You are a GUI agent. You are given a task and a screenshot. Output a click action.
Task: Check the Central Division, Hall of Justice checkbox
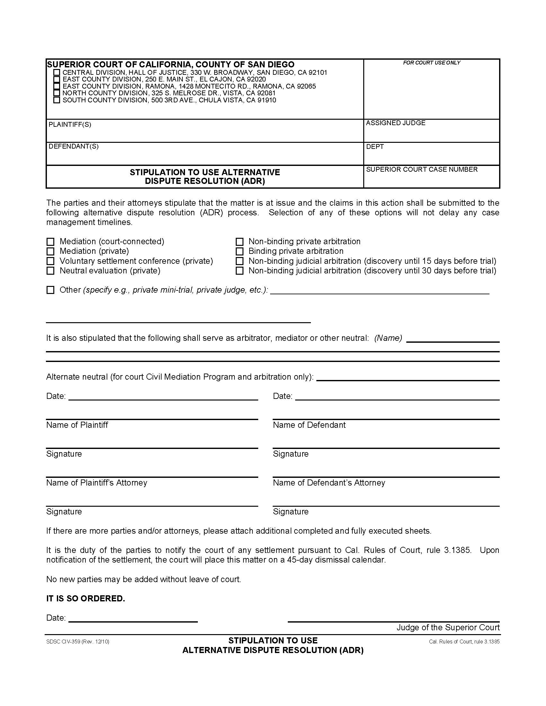tap(57, 73)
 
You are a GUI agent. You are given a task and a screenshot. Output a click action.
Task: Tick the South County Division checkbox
tap(57, 100)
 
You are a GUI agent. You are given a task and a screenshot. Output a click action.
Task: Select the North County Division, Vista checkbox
tap(57, 93)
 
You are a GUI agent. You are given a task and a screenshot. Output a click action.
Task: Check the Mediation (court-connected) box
tap(50, 242)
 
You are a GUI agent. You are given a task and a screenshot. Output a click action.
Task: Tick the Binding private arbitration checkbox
tap(239, 252)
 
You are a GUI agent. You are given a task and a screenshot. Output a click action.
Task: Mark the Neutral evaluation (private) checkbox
tap(50, 271)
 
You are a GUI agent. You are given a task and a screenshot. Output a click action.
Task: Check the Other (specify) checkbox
tap(50, 290)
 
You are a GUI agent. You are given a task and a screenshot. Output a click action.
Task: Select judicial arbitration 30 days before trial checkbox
tap(239, 271)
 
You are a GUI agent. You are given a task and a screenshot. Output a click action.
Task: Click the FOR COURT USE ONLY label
tap(431, 63)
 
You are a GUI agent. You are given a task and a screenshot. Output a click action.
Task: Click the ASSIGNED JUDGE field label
tap(395, 123)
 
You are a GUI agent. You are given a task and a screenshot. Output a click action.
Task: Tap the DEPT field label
tap(375, 147)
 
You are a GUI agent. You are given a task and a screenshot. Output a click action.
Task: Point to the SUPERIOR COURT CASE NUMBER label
tap(421, 169)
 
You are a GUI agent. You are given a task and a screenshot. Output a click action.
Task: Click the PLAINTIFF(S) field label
tap(70, 125)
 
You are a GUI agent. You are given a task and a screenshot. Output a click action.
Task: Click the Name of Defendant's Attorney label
tap(329, 483)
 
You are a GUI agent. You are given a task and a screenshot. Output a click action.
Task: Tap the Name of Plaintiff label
tap(77, 425)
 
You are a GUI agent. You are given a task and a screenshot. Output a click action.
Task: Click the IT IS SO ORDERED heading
tap(85, 599)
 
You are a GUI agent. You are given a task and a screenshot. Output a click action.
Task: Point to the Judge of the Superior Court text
tap(448, 628)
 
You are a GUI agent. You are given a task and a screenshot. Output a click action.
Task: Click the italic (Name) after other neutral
tap(388, 338)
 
